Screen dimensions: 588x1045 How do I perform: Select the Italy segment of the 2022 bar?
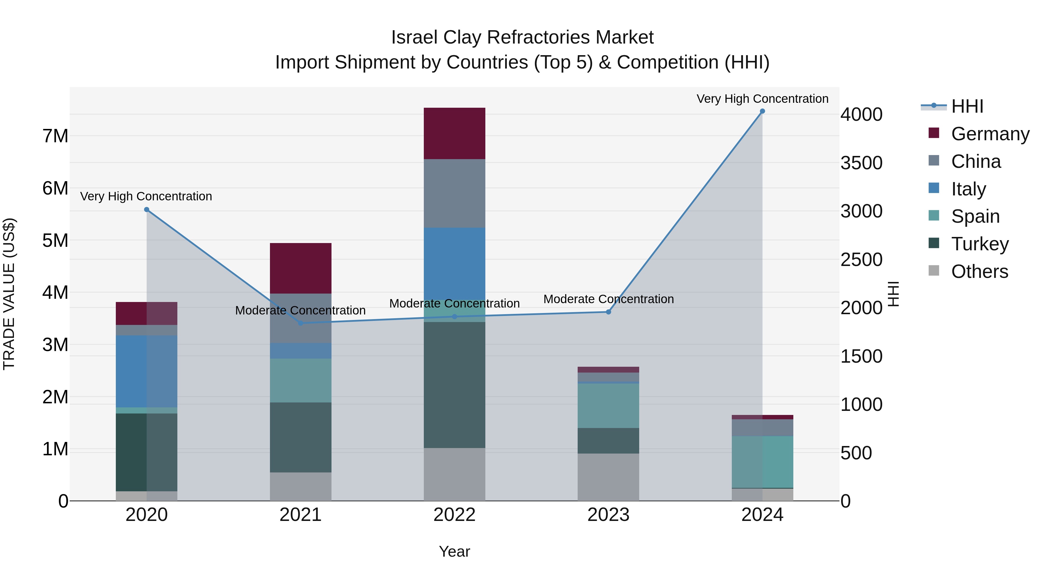pyautogui.click(x=454, y=263)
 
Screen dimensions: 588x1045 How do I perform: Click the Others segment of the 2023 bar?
pyautogui.click(x=608, y=477)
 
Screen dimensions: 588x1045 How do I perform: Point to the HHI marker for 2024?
pyautogui.click(x=762, y=111)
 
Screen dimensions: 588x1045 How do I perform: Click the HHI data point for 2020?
pyautogui.click(x=147, y=210)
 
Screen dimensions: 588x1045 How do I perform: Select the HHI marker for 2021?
pyautogui.click(x=301, y=323)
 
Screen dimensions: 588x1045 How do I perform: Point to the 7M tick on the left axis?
pyautogui.click(x=55, y=136)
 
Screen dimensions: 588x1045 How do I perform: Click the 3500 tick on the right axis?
pyautogui.click(x=861, y=163)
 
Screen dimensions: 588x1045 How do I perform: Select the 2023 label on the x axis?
pyautogui.click(x=608, y=515)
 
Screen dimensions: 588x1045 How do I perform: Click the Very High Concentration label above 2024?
pyautogui.click(x=762, y=99)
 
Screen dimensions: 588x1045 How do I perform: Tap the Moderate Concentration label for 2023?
pyautogui.click(x=608, y=299)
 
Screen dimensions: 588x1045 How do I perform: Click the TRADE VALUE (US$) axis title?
pyautogui.click(x=9, y=294)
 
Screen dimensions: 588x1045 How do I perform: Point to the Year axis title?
pyautogui.click(x=454, y=551)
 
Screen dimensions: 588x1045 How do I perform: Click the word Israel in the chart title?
pyautogui.click(x=414, y=37)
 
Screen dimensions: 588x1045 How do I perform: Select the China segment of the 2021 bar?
pyautogui.click(x=301, y=318)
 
